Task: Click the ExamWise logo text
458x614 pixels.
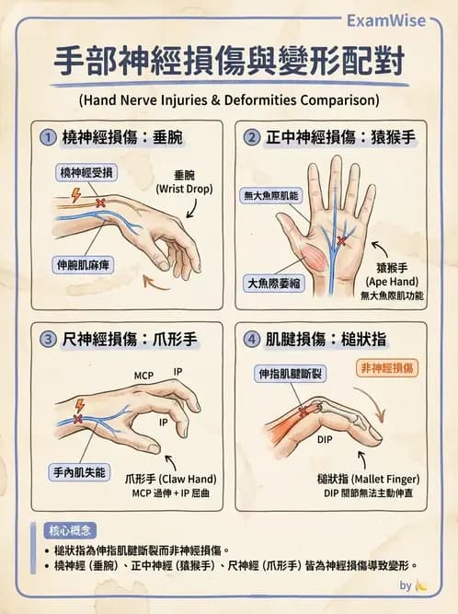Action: [386, 21]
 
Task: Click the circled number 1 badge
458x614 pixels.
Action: [48, 138]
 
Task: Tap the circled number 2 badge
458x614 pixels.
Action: [251, 137]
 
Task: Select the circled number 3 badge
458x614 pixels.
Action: [48, 339]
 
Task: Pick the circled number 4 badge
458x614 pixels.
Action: [251, 339]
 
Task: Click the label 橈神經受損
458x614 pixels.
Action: [86, 173]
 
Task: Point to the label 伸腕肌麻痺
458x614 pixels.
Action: [83, 265]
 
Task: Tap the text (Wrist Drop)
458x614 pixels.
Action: [184, 189]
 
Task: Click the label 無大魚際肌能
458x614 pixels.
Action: [271, 195]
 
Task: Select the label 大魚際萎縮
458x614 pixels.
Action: [273, 284]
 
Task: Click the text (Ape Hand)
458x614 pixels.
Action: [392, 282]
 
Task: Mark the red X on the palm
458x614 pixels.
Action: [341, 241]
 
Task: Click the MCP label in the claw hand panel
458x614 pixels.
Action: [143, 376]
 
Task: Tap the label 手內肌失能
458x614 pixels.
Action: [79, 472]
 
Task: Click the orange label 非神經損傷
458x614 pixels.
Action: [387, 368]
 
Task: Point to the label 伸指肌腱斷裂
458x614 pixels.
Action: [291, 374]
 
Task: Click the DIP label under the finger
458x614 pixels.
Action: [325, 440]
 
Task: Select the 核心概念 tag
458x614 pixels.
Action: [70, 530]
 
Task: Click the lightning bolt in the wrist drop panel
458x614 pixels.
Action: [76, 195]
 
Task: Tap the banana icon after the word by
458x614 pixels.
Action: [421, 586]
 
